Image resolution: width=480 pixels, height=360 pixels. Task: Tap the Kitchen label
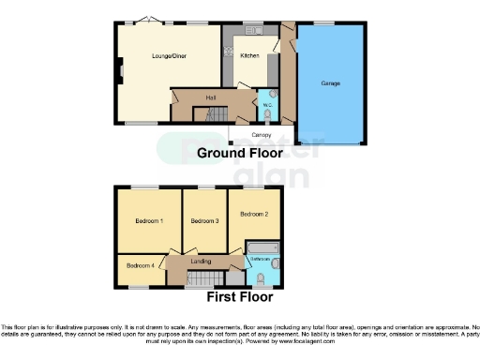coord(249,56)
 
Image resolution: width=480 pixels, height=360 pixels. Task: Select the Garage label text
coord(330,84)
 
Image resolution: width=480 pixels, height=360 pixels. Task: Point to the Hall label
coord(198,97)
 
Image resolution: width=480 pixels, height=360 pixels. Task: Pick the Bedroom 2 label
coord(254,214)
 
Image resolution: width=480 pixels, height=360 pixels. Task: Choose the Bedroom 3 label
coord(204,220)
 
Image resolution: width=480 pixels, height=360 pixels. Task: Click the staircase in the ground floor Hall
coord(210,114)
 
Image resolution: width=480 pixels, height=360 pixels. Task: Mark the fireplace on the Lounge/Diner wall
coord(117,70)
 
